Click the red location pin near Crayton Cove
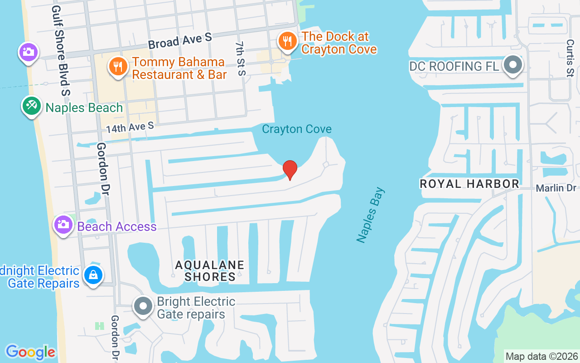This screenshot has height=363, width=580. coord(290,170)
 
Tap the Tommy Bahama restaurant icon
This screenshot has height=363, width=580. coord(118,67)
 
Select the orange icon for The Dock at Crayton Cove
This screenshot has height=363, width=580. coord(287,42)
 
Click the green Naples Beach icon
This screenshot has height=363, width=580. coord(31,106)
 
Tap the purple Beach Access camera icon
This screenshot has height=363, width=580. coord(63,224)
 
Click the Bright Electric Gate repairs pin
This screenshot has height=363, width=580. coord(144,306)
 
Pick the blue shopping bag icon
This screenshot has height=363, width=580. coord(93,275)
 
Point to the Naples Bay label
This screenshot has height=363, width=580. coord(370,215)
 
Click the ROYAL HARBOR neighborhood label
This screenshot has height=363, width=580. coord(469,184)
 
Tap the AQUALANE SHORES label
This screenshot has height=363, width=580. coord(210,270)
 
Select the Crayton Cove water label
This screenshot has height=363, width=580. coord(297,129)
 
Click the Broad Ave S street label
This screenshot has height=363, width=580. coord(180,41)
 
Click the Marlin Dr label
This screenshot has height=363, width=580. coord(556,188)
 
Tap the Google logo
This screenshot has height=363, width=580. coord(30,352)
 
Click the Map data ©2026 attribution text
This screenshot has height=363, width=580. coord(541,356)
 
